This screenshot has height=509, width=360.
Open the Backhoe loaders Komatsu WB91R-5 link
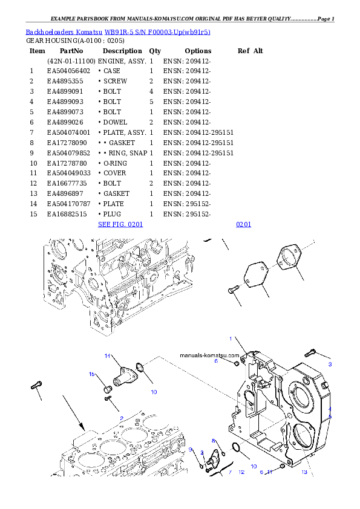tap(118, 32)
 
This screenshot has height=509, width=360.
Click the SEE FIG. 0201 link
tap(120, 224)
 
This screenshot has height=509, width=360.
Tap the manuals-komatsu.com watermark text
tap(209, 355)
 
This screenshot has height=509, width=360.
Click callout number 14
tap(106, 355)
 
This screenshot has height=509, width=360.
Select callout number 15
tap(93, 374)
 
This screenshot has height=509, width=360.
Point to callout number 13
tap(304, 472)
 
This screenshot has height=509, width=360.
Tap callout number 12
tap(241, 472)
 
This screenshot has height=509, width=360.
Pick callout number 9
tap(190, 449)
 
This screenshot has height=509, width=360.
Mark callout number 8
tap(214, 441)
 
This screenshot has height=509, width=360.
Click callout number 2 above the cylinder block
tap(122, 418)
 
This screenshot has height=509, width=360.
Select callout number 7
tap(230, 472)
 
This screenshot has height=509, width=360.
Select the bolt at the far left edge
tap(36, 384)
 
